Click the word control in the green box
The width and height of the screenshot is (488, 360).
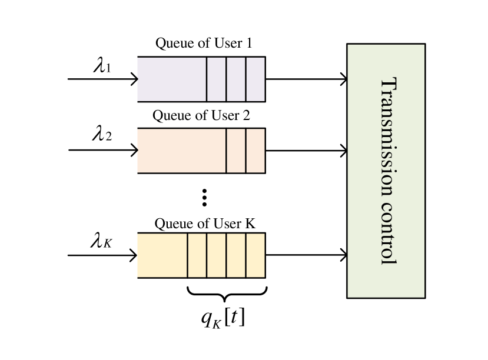point(387,233)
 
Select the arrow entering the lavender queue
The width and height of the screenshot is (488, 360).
point(131,79)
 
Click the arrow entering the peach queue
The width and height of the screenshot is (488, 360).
point(131,151)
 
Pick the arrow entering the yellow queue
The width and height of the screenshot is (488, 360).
point(131,255)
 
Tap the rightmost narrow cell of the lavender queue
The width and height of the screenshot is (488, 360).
point(255,79)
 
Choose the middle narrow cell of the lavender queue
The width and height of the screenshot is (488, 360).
point(235,79)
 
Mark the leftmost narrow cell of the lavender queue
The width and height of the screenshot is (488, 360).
point(216,79)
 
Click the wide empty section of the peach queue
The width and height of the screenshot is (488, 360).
point(181,151)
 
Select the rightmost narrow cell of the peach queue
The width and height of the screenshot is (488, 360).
point(255,151)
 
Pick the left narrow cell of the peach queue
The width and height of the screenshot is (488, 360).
point(235,151)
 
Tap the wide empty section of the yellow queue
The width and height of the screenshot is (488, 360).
point(162,255)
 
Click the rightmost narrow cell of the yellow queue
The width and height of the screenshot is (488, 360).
point(255,255)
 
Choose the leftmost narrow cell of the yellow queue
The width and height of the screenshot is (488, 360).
point(197,255)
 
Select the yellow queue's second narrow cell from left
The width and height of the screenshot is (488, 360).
point(216,255)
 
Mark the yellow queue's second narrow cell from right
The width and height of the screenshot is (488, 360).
point(235,255)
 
